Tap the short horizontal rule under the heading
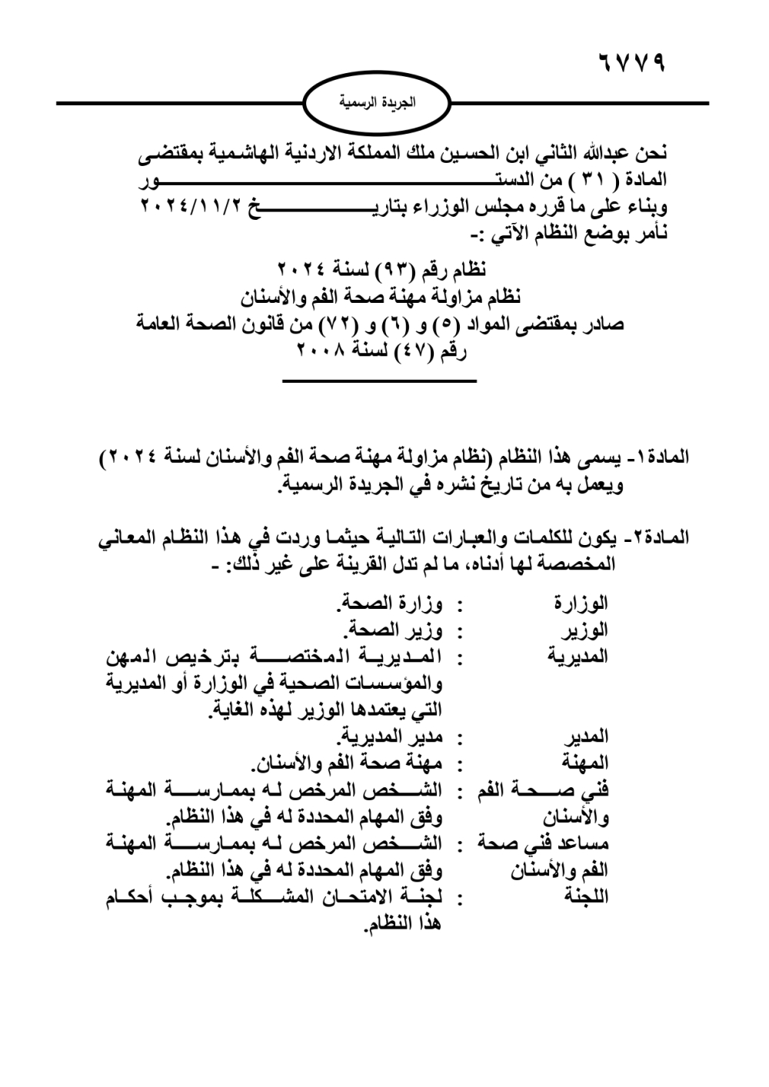(x=380, y=381)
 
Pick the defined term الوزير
(x=585, y=631)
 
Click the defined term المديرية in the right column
(x=577, y=657)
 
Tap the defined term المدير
(x=586, y=737)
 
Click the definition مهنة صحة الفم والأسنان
(x=345, y=764)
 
